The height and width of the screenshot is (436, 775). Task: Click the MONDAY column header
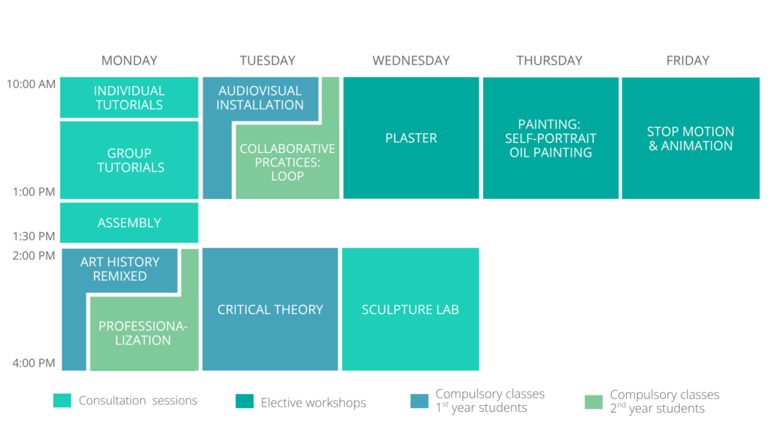(129, 60)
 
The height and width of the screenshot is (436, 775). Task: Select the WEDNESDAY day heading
(411, 60)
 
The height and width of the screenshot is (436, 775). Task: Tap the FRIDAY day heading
(688, 60)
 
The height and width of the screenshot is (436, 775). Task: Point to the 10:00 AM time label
(31, 84)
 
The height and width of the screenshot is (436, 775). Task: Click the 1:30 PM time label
(34, 236)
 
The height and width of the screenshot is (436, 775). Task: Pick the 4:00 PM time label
(34, 363)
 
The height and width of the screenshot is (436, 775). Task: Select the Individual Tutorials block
(129, 97)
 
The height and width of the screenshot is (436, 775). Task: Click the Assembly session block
(129, 223)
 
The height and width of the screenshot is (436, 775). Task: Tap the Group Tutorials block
(129, 160)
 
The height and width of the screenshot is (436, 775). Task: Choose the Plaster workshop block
(412, 138)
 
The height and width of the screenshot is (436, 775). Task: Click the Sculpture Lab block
(410, 309)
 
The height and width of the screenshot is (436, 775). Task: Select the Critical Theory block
(270, 309)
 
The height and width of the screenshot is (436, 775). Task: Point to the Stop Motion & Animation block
(691, 138)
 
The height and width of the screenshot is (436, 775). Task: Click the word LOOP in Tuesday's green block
(287, 176)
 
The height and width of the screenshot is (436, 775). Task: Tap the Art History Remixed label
(120, 269)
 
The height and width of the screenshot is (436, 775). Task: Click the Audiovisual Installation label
(260, 97)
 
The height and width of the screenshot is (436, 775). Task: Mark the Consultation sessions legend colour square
(62, 401)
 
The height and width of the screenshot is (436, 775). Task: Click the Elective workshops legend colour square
(245, 401)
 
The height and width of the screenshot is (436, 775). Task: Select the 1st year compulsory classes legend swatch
(419, 401)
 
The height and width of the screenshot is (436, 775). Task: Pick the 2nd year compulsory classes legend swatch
(594, 402)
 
